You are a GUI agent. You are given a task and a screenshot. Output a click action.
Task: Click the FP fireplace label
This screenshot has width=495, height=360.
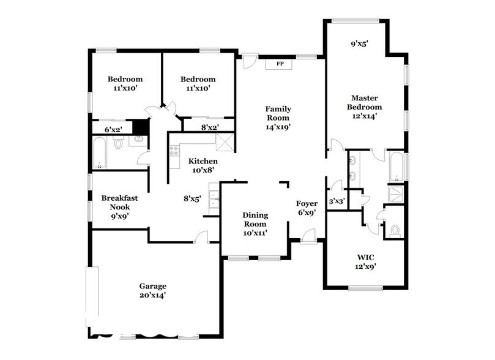[280, 64]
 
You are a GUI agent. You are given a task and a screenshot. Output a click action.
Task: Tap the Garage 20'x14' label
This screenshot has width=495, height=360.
[153, 291]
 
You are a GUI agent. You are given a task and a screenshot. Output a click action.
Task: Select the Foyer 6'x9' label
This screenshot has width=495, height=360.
[307, 208]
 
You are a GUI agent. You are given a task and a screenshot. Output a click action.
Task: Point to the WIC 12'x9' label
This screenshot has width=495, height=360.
[365, 262]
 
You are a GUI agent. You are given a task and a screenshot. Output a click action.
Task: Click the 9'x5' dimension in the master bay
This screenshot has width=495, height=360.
[360, 44]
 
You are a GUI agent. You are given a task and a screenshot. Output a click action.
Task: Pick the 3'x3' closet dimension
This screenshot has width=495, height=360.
[337, 201]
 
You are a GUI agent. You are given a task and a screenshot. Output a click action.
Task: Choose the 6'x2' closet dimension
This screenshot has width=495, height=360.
[113, 129]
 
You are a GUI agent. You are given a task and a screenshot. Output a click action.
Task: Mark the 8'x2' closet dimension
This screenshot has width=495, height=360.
[210, 127]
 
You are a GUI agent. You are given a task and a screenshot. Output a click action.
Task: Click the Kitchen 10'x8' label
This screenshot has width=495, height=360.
[203, 165]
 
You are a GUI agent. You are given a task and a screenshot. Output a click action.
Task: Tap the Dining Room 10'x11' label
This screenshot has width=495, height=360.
[255, 224]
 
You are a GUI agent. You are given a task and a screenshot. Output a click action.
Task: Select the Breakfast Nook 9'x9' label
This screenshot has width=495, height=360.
[120, 207]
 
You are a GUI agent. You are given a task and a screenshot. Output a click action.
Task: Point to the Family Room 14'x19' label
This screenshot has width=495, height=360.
[278, 118]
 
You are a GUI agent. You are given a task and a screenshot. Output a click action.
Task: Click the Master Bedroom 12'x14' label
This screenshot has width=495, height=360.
[365, 107]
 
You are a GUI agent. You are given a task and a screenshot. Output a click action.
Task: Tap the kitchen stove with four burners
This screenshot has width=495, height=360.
[174, 151]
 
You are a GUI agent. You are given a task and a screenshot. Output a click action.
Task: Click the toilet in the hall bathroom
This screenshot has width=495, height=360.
[118, 143]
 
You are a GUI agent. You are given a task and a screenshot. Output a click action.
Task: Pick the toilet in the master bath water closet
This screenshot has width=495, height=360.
[394, 231]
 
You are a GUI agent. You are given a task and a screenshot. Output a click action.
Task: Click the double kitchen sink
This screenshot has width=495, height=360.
[214, 200]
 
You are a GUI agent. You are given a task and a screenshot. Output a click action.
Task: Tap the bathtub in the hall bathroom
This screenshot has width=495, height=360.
[100, 152]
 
